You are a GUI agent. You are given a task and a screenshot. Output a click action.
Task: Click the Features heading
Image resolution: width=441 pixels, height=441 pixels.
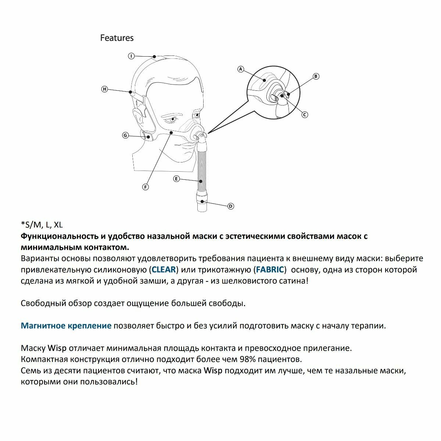[x=117, y=38]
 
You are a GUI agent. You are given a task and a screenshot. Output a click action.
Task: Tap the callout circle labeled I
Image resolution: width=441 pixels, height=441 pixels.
[x=132, y=56]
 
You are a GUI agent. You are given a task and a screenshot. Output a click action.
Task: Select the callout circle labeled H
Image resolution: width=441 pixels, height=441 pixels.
[x=105, y=89]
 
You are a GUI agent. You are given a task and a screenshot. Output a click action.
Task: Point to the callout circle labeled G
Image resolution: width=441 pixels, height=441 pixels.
[x=125, y=136]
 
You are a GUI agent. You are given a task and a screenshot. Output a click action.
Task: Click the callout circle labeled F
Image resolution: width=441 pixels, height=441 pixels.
[x=146, y=187]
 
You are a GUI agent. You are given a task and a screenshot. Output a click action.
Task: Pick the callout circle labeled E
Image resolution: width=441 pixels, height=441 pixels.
[x=176, y=179]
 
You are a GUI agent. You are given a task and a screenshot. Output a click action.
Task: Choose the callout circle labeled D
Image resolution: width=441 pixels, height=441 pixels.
[x=231, y=206]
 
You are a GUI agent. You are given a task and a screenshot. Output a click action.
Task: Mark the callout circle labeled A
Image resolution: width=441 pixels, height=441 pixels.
[x=241, y=69]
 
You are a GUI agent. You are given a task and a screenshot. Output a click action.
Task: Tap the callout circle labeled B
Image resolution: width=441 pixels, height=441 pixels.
[x=316, y=76]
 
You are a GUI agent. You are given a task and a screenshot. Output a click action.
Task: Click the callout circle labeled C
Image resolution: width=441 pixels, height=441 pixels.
[x=305, y=115]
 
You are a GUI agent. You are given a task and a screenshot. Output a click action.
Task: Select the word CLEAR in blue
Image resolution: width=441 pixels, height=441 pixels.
[x=164, y=269]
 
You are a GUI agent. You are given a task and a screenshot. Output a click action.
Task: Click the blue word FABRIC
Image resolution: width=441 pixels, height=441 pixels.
[x=270, y=269]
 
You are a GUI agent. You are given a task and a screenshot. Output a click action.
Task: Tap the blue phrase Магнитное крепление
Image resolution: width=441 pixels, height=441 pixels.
[x=66, y=326]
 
